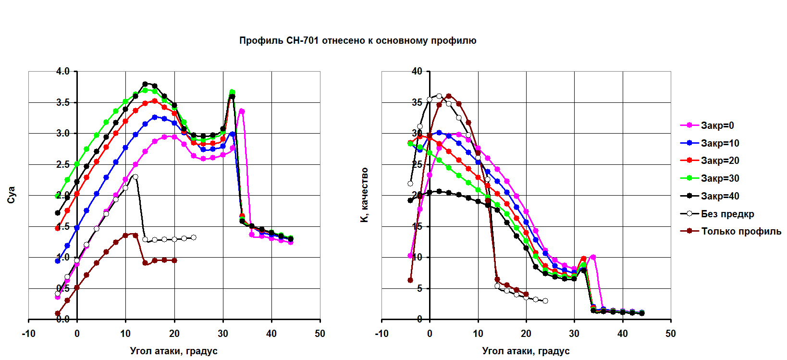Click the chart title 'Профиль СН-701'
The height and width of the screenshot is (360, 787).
[357, 41]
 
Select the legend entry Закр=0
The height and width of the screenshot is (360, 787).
[717, 125]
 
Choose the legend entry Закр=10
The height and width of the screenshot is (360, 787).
[720, 143]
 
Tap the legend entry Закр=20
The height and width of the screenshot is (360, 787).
[720, 161]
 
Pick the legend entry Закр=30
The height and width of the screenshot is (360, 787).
[720, 178]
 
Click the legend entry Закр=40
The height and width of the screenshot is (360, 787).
[720, 196]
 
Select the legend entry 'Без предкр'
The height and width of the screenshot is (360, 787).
[727, 214]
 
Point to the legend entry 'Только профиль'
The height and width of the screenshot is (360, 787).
[741, 231]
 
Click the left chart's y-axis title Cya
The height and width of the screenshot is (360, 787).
[12, 195]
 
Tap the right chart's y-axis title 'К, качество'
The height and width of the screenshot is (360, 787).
[364, 195]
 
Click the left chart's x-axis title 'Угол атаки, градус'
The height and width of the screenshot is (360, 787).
[173, 351]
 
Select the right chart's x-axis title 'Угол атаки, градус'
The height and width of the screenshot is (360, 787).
[526, 351]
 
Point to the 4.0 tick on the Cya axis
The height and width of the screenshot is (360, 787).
[63, 72]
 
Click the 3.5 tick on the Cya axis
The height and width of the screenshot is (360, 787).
[63, 102]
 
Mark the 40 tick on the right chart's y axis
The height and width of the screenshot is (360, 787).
[417, 72]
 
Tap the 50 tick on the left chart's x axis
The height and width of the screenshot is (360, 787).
[320, 334]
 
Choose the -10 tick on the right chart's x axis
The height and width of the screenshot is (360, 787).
[381, 334]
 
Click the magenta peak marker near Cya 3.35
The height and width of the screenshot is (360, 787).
[242, 112]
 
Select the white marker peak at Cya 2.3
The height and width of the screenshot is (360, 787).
[135, 177]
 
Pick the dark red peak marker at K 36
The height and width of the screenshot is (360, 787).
[449, 96]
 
